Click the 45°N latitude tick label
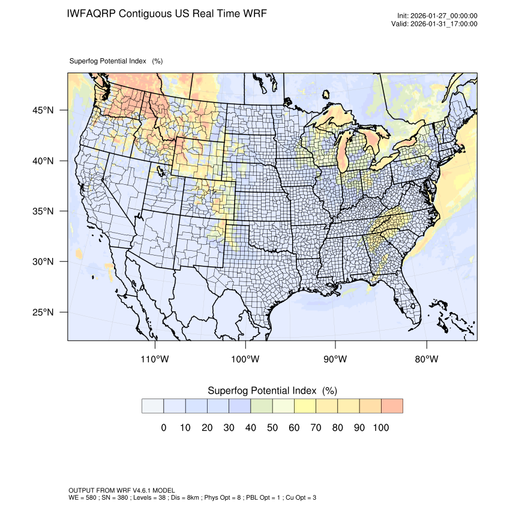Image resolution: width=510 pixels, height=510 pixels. point(43,110)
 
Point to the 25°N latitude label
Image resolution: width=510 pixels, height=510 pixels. point(43,313)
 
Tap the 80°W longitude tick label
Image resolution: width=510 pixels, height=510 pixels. point(426,359)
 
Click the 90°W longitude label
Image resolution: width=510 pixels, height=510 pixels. point(335,359)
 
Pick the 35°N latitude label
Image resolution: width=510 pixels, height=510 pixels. point(43,212)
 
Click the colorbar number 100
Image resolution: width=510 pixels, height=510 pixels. point(381,428)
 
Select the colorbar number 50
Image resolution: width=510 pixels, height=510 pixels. point(272,428)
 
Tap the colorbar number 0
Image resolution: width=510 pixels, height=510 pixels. point(163,428)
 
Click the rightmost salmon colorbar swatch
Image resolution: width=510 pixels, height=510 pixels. point(392,406)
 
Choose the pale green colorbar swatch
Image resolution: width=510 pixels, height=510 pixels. point(262,406)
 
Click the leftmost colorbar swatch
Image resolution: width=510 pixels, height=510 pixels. point(153,406)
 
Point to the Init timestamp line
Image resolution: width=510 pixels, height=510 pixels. point(437,16)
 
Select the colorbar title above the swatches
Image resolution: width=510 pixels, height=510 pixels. point(272,391)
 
